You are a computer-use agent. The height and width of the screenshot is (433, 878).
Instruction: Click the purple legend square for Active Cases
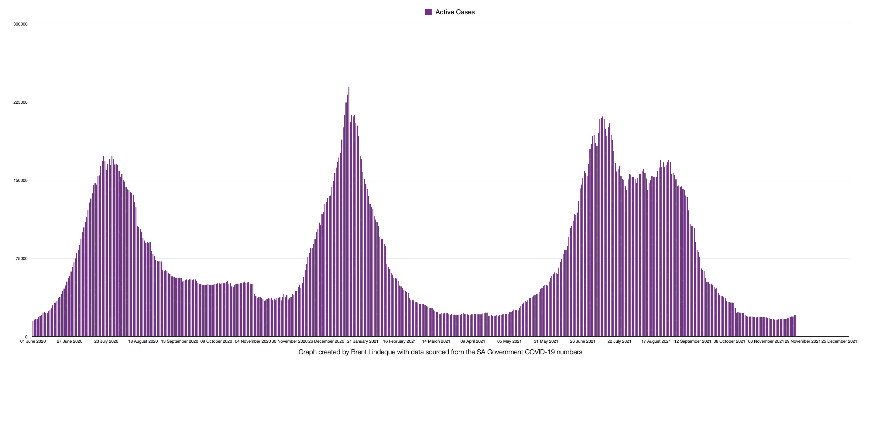point(428,12)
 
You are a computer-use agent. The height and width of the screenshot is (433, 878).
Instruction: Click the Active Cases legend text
point(455,12)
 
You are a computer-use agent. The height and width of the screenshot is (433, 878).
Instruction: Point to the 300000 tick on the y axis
point(20,24)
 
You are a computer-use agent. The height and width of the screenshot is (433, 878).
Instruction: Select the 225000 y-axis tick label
point(20,102)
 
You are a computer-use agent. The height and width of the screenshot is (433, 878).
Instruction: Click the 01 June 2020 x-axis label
point(33,341)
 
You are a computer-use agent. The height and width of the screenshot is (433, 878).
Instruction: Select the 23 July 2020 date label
point(106,341)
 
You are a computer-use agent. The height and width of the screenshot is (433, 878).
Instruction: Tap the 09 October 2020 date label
point(216,341)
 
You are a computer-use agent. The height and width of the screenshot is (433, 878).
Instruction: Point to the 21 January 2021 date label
point(363,341)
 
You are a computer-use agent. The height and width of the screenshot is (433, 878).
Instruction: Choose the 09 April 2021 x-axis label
point(473,341)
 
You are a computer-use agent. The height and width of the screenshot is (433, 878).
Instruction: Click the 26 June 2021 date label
point(582,341)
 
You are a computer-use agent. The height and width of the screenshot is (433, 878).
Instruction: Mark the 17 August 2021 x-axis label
point(656,341)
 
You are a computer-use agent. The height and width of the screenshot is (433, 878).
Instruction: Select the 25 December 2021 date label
point(839,341)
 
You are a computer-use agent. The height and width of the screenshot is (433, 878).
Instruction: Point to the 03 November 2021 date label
point(766,341)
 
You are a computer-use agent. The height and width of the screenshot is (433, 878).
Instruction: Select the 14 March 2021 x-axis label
point(436,341)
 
